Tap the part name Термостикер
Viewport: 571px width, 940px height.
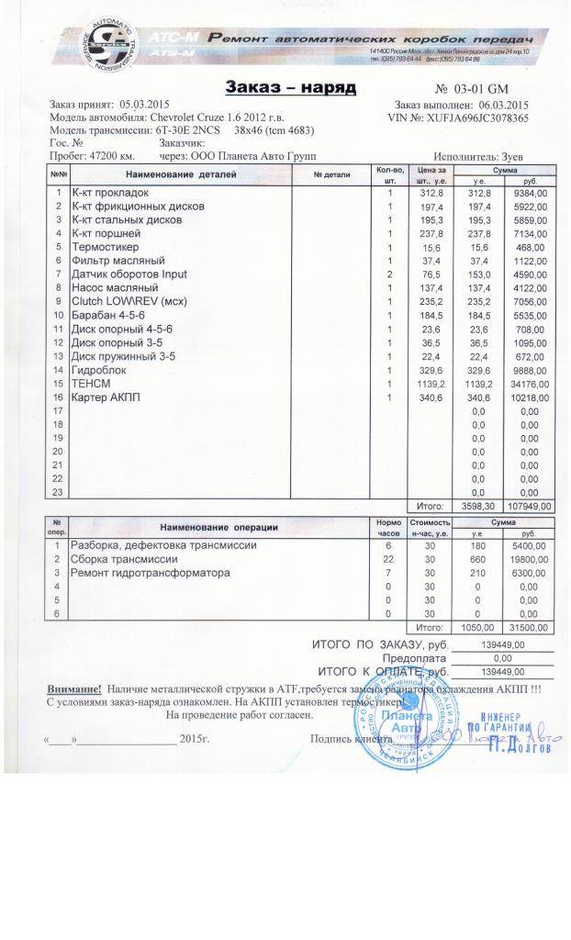click(101, 247)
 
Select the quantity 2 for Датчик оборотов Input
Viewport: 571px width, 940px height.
click(389, 274)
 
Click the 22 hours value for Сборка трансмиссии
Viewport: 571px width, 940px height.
click(388, 559)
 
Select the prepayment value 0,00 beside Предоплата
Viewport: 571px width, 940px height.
click(501, 658)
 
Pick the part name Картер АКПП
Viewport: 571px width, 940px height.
click(100, 397)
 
